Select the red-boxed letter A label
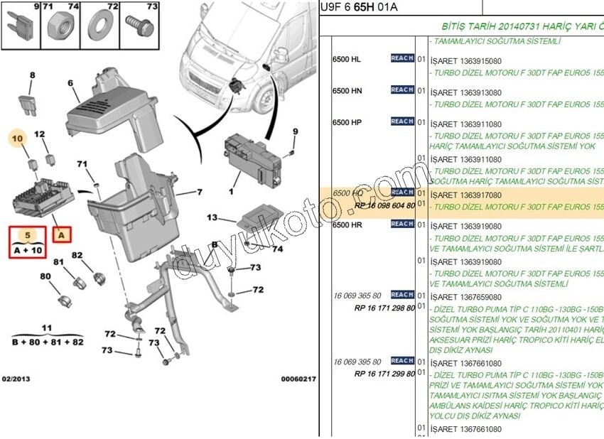[x=62, y=234]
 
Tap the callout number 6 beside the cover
[x=71, y=83]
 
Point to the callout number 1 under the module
[x=231, y=191]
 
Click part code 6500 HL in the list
[x=347, y=59]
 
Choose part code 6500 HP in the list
[x=347, y=123]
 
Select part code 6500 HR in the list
[x=347, y=224]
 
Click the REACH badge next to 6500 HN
[x=402, y=90]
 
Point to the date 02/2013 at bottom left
[x=16, y=379]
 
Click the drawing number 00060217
[x=298, y=379]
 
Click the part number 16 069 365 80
[x=357, y=296]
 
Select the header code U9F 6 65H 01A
[x=360, y=7]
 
